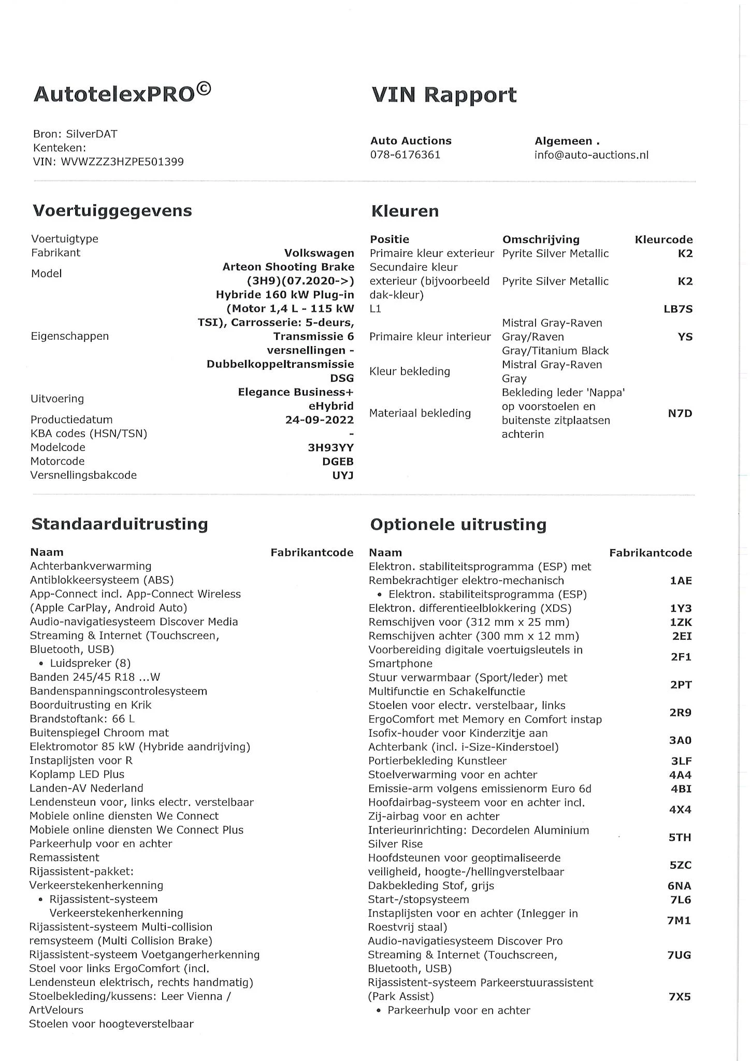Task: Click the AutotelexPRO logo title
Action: [x=122, y=94]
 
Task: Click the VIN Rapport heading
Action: [x=444, y=95]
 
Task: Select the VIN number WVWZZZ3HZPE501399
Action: [x=122, y=162]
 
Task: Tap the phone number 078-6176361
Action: [x=405, y=155]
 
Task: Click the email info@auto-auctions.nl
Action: [x=591, y=155]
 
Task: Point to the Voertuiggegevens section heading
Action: [x=112, y=211]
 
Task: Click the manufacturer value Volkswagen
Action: [x=319, y=253]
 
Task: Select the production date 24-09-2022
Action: [x=319, y=420]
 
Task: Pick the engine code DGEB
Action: [x=338, y=462]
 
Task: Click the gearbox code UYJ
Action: [x=343, y=476]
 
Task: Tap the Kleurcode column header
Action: [x=664, y=240]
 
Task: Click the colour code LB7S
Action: [x=678, y=309]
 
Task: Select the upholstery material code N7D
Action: [x=680, y=413]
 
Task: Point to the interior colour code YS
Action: [x=685, y=337]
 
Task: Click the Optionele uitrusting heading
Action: [x=458, y=525]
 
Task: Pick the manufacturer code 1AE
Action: [x=681, y=581]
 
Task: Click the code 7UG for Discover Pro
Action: [x=679, y=955]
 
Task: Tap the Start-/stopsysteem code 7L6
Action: [x=680, y=900]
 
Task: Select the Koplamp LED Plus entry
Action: [x=77, y=775]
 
